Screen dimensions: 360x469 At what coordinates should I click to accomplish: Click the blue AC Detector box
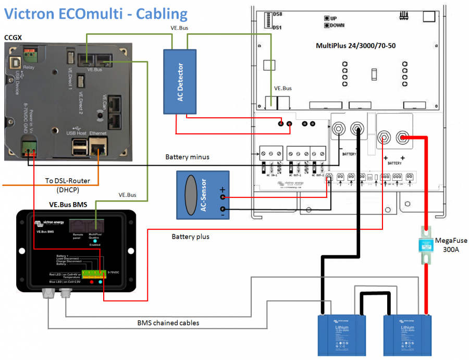tap(180, 81)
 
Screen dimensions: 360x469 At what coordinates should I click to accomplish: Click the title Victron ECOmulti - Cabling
tap(96, 14)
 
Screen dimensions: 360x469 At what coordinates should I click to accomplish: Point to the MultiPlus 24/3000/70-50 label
tap(355, 45)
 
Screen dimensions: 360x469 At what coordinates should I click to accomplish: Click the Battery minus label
tap(189, 156)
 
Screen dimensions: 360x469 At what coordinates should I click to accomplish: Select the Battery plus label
tap(190, 237)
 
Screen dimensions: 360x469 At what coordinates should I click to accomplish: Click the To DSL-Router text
tap(67, 181)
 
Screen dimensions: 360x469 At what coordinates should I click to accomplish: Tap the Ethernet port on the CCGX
tap(97, 148)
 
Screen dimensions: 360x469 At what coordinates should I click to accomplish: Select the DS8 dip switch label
tap(278, 15)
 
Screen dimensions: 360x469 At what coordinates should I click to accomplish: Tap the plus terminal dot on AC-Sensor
tap(223, 197)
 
